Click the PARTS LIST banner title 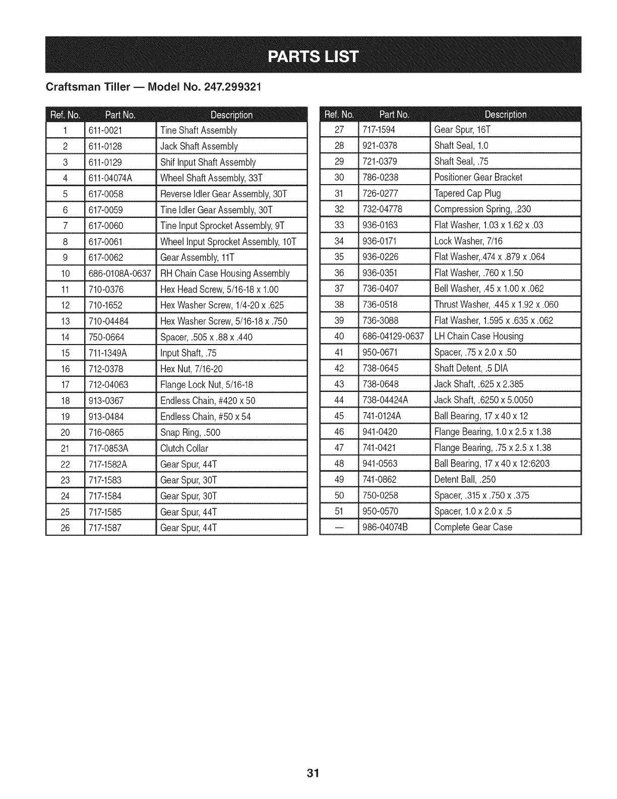point(313,56)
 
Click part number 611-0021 point(105,130)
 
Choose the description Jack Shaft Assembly point(199,146)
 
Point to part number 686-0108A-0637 point(119,273)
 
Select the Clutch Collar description point(184,448)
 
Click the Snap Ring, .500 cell point(190,432)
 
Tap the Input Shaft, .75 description point(188,353)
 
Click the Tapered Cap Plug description point(467,193)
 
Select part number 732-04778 point(383,209)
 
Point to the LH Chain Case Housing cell point(478,336)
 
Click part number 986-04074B point(385,527)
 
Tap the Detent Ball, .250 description point(465,479)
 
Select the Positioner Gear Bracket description point(478,177)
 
